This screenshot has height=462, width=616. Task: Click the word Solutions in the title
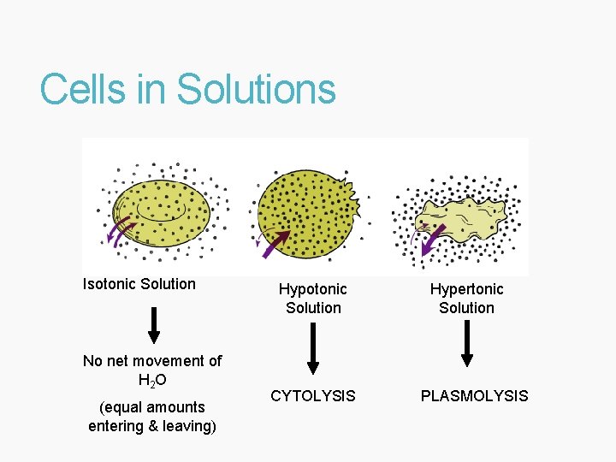click(256, 89)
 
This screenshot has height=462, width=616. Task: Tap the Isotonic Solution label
click(139, 284)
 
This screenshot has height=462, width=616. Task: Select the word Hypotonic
click(313, 289)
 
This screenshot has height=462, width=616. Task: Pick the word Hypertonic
click(466, 289)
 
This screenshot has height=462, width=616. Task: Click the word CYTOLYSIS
click(313, 396)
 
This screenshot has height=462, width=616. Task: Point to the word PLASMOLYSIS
click(474, 396)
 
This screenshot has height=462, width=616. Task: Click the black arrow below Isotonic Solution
click(154, 324)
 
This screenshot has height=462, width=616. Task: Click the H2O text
click(151, 380)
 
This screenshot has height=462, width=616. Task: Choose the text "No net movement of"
click(152, 361)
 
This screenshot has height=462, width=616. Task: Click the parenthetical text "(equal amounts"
click(152, 407)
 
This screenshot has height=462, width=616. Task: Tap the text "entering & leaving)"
click(152, 426)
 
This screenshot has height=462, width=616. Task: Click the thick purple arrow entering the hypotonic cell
click(276, 245)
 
